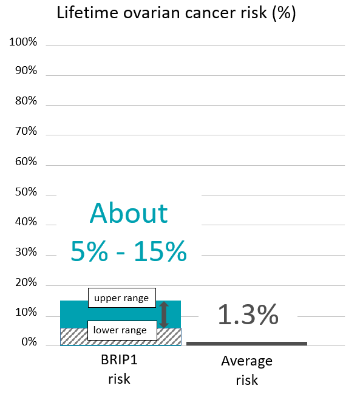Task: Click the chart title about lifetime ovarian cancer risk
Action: (176, 13)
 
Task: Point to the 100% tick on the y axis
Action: (23, 42)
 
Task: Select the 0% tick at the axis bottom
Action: (28, 343)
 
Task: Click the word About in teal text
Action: (128, 214)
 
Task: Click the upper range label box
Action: (121, 298)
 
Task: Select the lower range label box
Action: (120, 330)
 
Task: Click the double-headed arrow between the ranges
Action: (163, 314)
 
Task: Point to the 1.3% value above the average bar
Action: (248, 315)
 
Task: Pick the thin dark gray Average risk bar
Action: (246, 343)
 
